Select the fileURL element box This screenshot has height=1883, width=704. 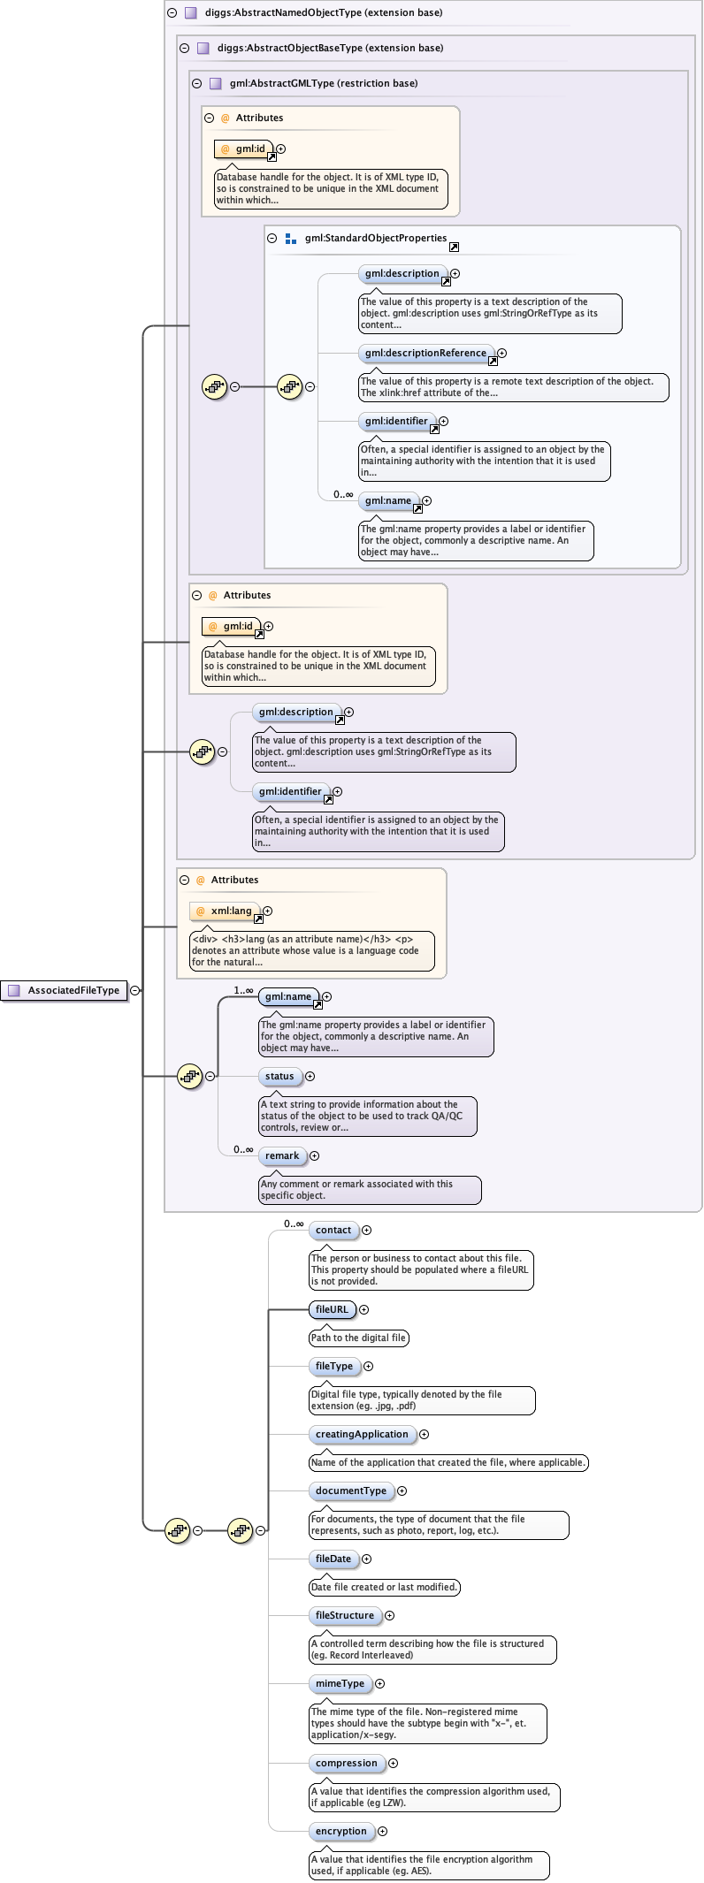pyautogui.click(x=332, y=1309)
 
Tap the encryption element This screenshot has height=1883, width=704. pyautogui.click(x=341, y=1831)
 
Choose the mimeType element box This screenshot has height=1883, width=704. pyautogui.click(x=340, y=1683)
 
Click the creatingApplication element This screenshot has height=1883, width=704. pyautogui.click(x=362, y=1434)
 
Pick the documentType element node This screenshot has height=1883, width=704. pyautogui.click(x=351, y=1490)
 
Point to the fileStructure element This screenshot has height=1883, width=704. pyautogui.click(x=345, y=1615)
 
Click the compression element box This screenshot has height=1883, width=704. pyautogui.click(x=347, y=1763)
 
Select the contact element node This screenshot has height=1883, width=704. pyautogui.click(x=333, y=1230)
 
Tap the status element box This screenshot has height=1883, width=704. pyautogui.click(x=279, y=1076)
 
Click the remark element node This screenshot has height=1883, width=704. pyautogui.click(x=282, y=1155)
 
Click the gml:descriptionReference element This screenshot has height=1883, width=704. pyautogui.click(x=425, y=353)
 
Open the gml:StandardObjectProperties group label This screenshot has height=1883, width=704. pyautogui.click(x=376, y=238)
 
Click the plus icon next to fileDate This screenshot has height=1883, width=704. pyautogui.click(x=367, y=1559)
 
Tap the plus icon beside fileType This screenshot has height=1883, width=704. pyautogui.click(x=369, y=1366)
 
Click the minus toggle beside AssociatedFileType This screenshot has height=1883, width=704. pyautogui.click(x=134, y=990)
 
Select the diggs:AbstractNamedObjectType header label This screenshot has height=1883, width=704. pyautogui.click(x=324, y=12)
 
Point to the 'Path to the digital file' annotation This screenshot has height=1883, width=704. pyautogui.click(x=358, y=1338)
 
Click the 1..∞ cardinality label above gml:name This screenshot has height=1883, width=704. pyautogui.click(x=243, y=990)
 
